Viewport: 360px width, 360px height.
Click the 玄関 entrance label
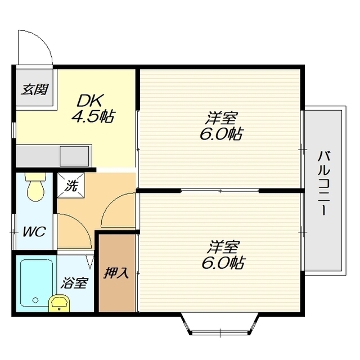click(35, 89)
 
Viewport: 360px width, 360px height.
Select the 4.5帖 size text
click(93, 116)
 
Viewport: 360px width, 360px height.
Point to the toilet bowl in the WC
click(35, 187)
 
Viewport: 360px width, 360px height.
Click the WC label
click(34, 231)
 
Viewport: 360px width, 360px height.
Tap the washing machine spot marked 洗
click(71, 185)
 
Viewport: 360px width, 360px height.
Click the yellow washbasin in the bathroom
click(59, 303)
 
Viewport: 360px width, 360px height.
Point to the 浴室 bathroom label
click(74, 283)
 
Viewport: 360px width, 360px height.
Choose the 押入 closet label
click(116, 273)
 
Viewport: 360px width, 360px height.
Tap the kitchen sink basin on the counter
click(74, 156)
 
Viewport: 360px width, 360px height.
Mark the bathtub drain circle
click(35, 300)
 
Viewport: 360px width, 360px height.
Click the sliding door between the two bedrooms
click(220, 190)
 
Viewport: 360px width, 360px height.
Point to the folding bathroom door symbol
click(91, 262)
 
